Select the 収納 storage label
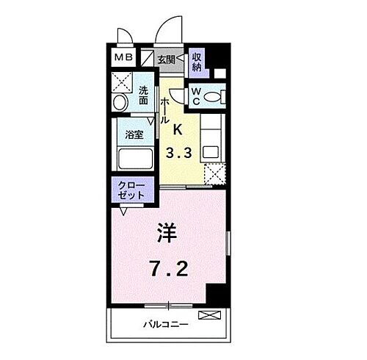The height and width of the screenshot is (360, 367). [x=197, y=62]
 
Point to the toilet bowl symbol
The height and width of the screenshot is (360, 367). [x=214, y=96]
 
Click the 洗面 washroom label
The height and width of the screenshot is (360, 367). [x=144, y=96]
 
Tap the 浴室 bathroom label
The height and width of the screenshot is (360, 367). [x=134, y=135]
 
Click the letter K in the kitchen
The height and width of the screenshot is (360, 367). [x=177, y=130]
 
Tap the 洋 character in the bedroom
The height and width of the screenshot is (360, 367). [x=167, y=234]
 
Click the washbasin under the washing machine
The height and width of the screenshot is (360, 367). [x=120, y=102]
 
